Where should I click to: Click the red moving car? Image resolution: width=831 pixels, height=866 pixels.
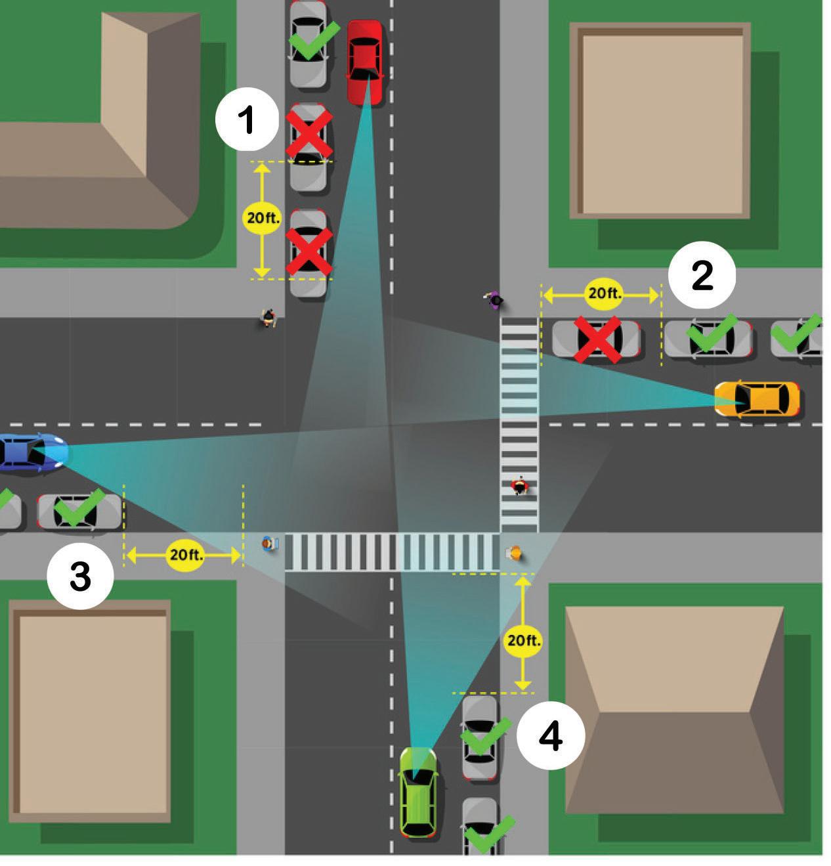pos(365,62)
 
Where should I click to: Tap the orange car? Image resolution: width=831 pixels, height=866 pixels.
pos(757,399)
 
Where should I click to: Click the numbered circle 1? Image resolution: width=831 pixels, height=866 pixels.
pos(247,119)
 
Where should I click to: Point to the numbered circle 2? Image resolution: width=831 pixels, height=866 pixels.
pos(702,275)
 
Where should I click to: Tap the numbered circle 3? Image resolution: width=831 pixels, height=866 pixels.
pos(81,576)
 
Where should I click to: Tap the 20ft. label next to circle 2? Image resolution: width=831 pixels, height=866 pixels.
pos(604,293)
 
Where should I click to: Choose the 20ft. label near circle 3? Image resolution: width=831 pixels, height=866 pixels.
pos(185,555)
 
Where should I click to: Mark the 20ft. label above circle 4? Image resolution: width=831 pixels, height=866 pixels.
pos(523,641)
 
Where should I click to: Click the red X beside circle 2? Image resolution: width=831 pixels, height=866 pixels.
pos(598,340)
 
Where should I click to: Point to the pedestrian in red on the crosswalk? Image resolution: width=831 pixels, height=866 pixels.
pos(519,485)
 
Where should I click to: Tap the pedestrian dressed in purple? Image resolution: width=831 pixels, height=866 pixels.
pos(494,300)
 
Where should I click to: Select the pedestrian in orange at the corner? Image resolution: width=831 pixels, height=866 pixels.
pos(514,553)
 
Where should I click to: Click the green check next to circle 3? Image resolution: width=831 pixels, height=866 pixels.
pos(80,508)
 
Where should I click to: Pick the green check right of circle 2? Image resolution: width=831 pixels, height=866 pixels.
pos(712,334)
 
